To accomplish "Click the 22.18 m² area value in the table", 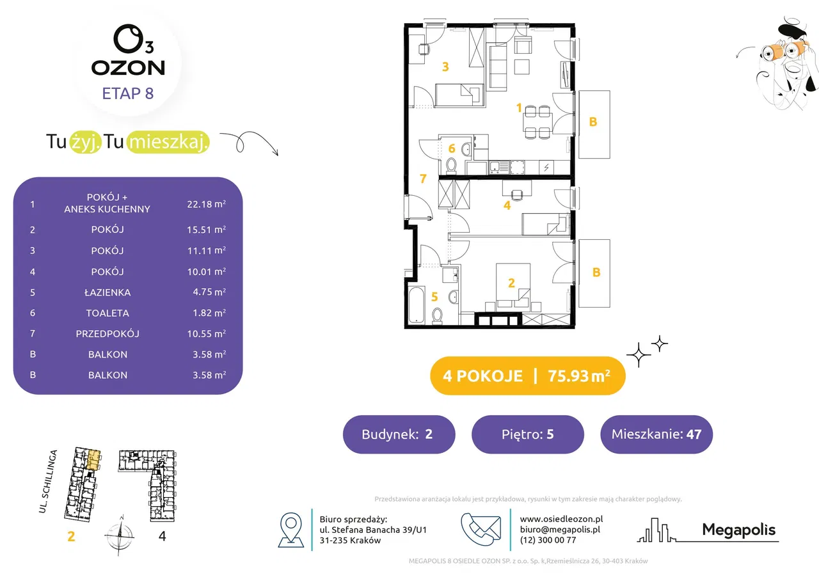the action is tap(206, 203).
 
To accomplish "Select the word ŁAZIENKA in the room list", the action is tap(107, 292).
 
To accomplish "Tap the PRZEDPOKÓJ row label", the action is tap(107, 333).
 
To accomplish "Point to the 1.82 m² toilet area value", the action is tap(209, 313).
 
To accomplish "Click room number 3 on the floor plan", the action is tap(445, 67).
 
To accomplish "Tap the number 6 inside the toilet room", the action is tap(452, 148).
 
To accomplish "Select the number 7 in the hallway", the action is tap(423, 178).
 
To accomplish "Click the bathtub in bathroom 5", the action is tap(417, 305).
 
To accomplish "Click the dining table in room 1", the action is tap(537, 122).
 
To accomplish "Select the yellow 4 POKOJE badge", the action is tap(528, 376).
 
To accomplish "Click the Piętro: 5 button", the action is tap(528, 434).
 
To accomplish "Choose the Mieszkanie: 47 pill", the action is tap(656, 434).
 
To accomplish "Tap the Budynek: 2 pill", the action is tap(399, 434).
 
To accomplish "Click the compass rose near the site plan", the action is tap(120, 535).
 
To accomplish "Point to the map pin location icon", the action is tap(291, 530).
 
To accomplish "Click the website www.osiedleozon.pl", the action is tap(561, 519).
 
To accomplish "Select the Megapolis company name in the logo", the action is tap(738, 530).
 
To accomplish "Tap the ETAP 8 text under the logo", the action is tap(127, 93).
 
